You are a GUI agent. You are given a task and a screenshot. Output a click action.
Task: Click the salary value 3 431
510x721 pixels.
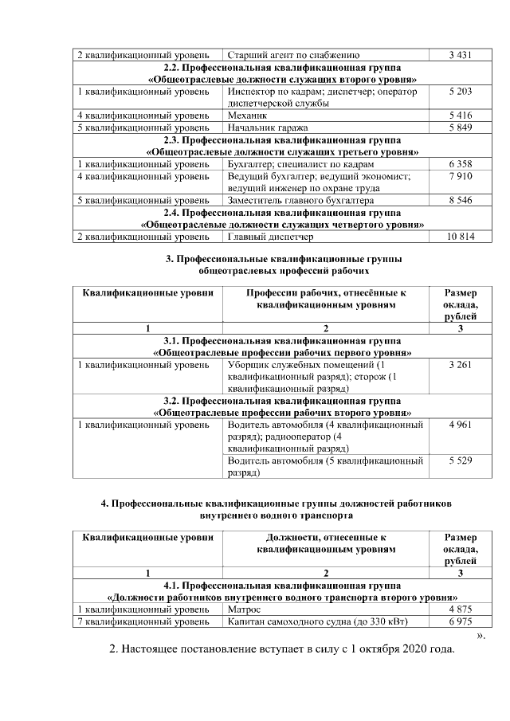pos(461,55)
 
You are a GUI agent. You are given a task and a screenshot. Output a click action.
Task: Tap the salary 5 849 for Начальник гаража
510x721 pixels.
pos(461,127)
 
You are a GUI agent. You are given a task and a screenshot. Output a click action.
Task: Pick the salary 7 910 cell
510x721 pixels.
pos(461,176)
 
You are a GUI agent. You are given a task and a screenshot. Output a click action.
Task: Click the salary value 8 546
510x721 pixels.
pos(461,201)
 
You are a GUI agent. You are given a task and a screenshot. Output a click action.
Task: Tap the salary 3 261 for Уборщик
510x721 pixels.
pos(461,365)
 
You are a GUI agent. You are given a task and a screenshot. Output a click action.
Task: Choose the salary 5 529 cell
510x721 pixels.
pos(461,461)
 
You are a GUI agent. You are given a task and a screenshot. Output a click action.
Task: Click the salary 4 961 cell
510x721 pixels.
pos(461,425)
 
